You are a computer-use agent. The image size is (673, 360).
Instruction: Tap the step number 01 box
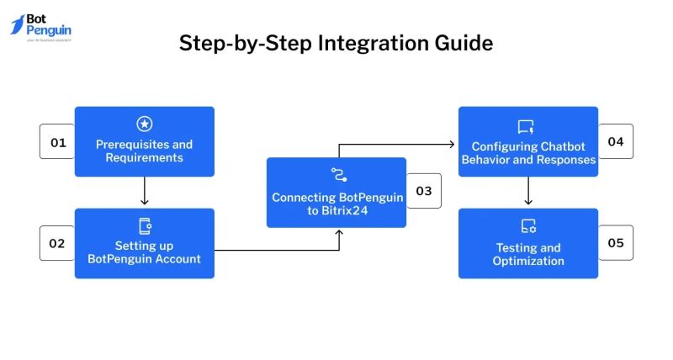57,142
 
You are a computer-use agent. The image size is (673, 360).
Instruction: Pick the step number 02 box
57,243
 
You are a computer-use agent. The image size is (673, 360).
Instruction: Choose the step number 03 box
424,192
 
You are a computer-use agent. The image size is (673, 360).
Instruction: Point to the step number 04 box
616,141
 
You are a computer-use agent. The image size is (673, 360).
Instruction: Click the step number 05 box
616,243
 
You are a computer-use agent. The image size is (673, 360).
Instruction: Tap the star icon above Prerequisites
144,124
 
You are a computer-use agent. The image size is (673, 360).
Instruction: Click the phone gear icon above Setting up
144,225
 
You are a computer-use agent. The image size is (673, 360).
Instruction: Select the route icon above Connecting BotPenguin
337,176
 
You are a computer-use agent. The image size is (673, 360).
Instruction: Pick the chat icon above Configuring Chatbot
527,126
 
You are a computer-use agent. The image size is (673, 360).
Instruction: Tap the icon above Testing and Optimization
527,226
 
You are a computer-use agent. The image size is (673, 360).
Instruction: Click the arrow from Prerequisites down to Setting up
145,192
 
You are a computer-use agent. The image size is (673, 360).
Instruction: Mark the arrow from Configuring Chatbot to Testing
527,192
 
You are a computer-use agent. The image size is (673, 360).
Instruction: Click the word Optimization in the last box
527,261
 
